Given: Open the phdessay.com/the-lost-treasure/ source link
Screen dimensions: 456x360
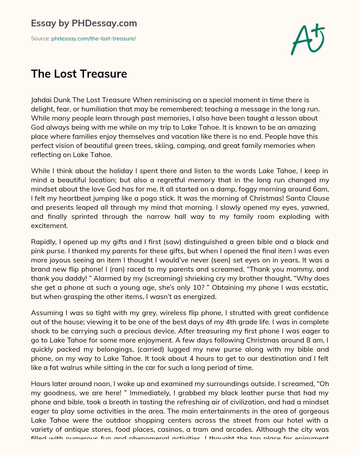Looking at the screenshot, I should (x=94, y=39).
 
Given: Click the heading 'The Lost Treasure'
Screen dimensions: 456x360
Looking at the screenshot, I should (x=79, y=74).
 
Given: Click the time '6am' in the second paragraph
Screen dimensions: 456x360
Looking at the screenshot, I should (x=321, y=189).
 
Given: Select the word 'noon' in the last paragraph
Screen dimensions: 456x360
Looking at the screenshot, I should (x=103, y=384).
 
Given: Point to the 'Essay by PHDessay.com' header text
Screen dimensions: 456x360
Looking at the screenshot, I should (x=84, y=23).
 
